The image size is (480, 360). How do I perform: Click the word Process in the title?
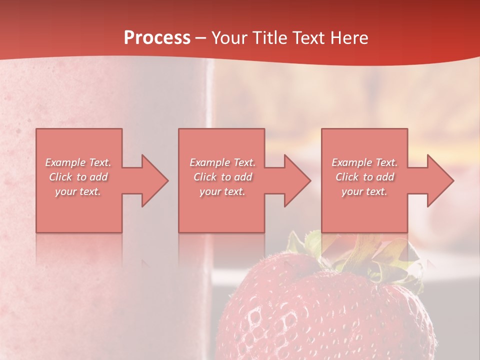click(x=157, y=38)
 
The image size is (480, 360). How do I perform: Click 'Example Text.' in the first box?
click(x=78, y=162)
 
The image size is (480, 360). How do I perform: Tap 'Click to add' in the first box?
click(x=78, y=177)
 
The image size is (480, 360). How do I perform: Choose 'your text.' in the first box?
click(x=78, y=191)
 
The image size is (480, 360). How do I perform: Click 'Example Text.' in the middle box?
click(x=222, y=162)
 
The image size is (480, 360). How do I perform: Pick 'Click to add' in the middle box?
click(x=222, y=177)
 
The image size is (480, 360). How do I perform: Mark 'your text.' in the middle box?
click(x=222, y=191)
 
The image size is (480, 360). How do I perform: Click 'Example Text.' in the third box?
click(x=364, y=162)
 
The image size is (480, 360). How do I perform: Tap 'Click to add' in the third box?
click(x=364, y=177)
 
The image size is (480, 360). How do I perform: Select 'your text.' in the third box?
click(x=364, y=191)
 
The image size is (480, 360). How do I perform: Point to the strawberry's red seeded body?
click(x=320, y=320)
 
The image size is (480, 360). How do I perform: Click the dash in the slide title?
click(x=201, y=38)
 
